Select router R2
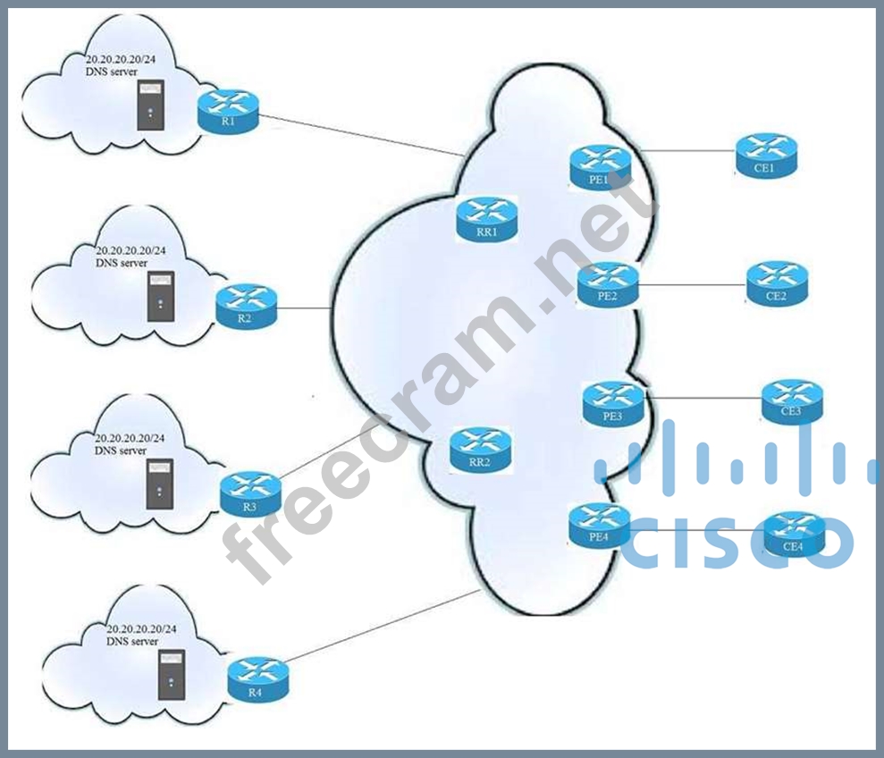coord(247,305)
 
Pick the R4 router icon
coord(258,679)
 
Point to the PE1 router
coord(601,166)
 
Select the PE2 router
coord(609,284)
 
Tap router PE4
coord(600,524)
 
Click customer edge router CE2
coord(777,282)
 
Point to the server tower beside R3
coord(159,484)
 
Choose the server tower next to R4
coord(167,674)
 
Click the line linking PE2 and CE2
coord(693,286)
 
